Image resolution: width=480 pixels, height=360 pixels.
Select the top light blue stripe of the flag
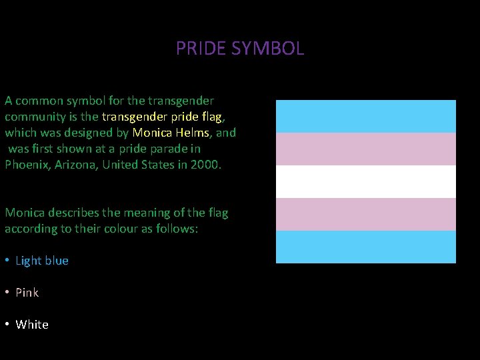[x=366, y=116]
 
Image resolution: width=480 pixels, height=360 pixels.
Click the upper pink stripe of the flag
[x=366, y=149]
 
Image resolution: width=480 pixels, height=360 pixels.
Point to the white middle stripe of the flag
[x=366, y=181]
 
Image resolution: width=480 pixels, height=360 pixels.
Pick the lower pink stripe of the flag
[x=366, y=214]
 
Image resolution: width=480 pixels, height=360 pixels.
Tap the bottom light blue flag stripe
[x=366, y=247]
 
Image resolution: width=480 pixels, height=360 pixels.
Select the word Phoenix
[x=26, y=165]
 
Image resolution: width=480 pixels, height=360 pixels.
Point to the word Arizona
[x=77, y=165]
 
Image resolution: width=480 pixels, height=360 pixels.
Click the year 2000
[x=204, y=165]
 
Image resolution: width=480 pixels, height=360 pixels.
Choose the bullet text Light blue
[x=42, y=261]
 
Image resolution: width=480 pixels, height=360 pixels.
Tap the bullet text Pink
[x=27, y=293]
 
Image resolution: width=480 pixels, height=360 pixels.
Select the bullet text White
[x=32, y=325]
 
